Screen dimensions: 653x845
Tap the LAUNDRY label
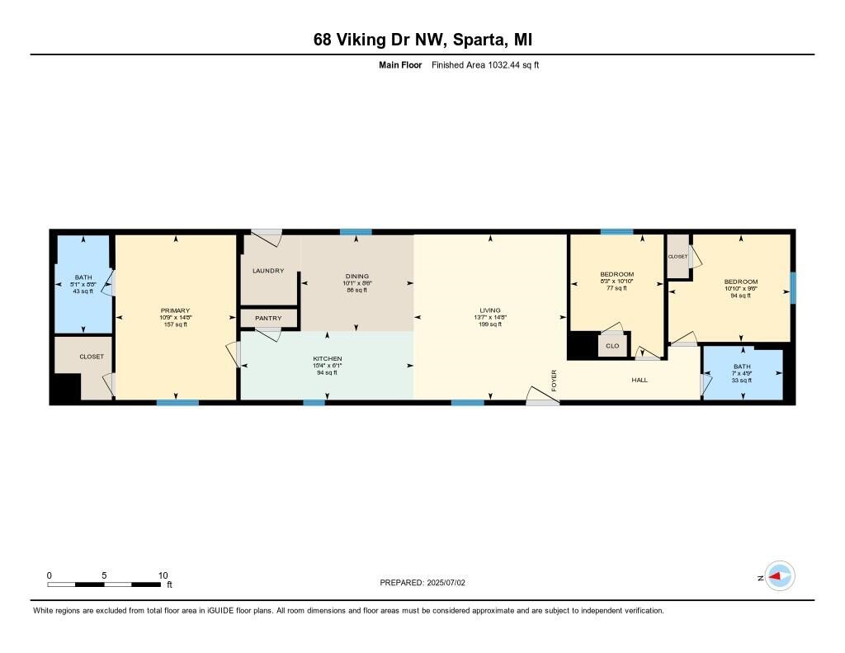click(268, 271)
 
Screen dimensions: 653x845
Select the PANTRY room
click(268, 318)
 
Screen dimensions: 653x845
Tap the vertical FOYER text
click(555, 380)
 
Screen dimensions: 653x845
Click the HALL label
click(640, 380)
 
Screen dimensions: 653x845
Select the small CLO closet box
click(612, 346)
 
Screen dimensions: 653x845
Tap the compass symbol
click(779, 576)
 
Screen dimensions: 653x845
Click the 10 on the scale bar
click(163, 575)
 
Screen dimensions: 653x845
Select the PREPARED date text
click(422, 582)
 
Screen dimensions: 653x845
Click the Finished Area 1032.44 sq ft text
click(485, 64)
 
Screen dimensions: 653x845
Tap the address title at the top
click(422, 39)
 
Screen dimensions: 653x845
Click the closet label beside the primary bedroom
click(92, 357)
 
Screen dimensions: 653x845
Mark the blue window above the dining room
click(356, 232)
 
